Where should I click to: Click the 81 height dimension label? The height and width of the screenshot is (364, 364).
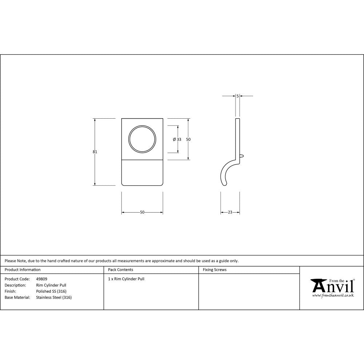tap(95, 152)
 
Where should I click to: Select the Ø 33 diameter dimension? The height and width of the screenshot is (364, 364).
tap(177, 139)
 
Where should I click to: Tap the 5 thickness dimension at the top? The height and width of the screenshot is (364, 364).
tap(237, 96)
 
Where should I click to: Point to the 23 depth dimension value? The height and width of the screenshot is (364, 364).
tap(230, 212)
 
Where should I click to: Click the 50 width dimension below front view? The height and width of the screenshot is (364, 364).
tap(142, 212)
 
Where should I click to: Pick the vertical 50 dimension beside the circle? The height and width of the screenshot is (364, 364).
tap(188, 139)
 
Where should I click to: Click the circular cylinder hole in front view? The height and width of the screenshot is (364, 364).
tap(142, 139)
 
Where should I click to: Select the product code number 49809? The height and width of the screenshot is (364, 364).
tap(42, 279)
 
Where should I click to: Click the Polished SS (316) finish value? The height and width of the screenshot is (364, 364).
tap(51, 291)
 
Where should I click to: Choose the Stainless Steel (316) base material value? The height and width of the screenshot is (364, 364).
tap(54, 297)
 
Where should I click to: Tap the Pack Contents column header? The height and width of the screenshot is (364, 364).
tap(120, 270)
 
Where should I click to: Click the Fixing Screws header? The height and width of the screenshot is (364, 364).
tap(215, 270)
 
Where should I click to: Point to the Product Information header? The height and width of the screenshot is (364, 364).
tap(23, 270)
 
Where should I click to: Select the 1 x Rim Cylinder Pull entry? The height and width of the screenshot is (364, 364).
tap(126, 279)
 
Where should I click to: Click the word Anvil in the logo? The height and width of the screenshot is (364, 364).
tap(333, 286)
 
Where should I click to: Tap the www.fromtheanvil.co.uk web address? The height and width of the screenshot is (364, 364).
tap(333, 296)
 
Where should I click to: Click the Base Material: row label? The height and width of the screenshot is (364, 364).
tap(17, 297)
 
